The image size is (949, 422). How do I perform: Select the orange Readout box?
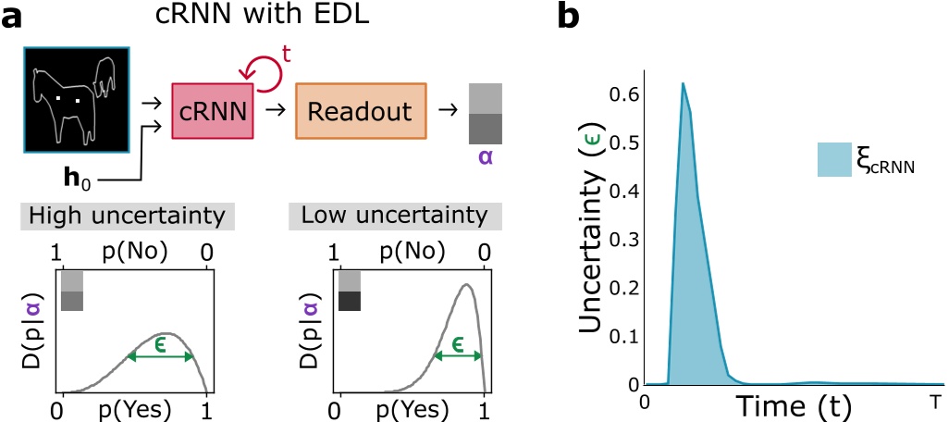click(361, 112)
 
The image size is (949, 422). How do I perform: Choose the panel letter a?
click(12, 17)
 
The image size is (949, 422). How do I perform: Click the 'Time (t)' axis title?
click(793, 404)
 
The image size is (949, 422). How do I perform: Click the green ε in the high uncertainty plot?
click(160, 345)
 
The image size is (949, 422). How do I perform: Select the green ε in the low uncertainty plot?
click(458, 344)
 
